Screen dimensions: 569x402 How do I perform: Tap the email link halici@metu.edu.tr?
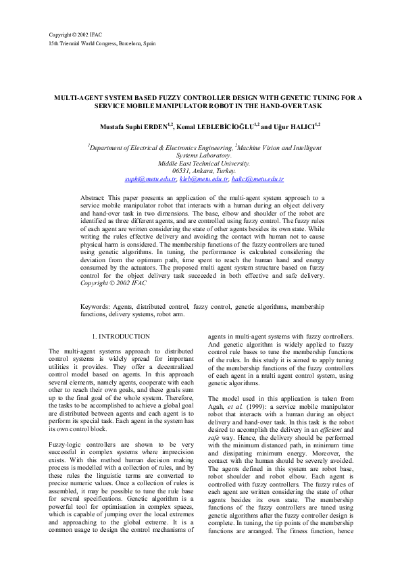click(x=257, y=179)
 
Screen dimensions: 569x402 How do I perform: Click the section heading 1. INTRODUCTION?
click(x=120, y=336)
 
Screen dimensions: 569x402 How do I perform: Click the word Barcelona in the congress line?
click(x=130, y=43)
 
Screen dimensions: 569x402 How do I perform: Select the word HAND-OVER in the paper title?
click(x=280, y=106)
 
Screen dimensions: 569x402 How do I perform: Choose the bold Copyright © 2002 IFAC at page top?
click(x=74, y=34)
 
